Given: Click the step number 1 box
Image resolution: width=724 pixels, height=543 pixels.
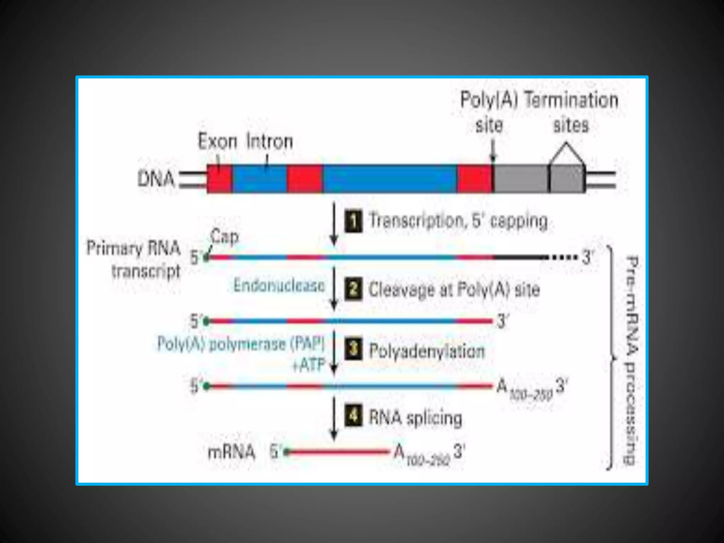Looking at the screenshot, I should click(x=353, y=221).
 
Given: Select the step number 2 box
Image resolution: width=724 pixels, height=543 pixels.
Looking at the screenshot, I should click(x=353, y=289).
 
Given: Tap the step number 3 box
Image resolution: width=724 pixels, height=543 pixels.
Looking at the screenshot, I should click(x=353, y=349).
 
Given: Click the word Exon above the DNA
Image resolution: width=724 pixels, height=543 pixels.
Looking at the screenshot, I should click(x=217, y=141).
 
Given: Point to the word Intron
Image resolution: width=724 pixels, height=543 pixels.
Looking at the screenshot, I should click(x=270, y=141).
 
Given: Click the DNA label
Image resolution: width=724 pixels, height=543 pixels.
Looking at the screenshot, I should click(x=156, y=179).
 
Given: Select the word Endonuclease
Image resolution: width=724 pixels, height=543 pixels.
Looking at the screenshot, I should click(x=279, y=286).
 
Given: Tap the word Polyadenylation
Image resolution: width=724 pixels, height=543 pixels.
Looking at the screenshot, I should click(x=427, y=351).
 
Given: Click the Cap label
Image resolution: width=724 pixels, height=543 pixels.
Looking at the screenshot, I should click(x=224, y=236).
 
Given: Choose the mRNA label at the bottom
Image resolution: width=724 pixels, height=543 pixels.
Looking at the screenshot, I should click(x=231, y=452).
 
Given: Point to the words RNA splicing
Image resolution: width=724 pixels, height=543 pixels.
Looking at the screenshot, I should click(x=415, y=418).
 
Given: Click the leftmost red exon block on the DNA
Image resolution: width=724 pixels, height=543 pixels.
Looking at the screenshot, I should click(x=220, y=179).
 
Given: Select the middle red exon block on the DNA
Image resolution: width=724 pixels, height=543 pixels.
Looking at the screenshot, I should click(x=304, y=179).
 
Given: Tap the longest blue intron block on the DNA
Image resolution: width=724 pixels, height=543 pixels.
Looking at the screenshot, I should click(x=390, y=179).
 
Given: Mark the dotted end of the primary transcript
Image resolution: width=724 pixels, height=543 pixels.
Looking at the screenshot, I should click(x=562, y=257).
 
